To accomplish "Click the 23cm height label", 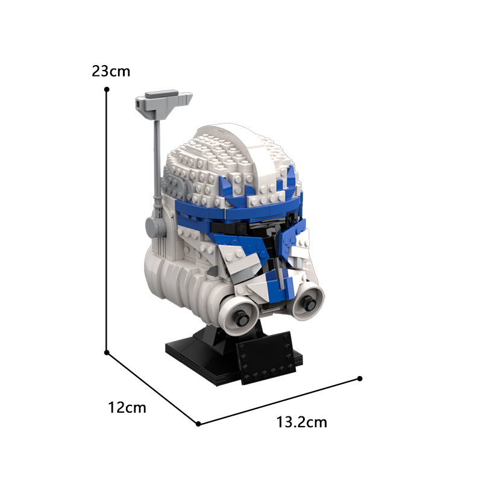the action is [111, 71].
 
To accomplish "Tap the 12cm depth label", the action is [127, 408].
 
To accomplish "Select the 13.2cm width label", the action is [302, 422].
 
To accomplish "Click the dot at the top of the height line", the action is [107, 89].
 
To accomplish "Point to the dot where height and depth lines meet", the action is [107, 352].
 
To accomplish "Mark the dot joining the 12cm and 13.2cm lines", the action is [198, 424].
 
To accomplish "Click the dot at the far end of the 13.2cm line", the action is [360, 378].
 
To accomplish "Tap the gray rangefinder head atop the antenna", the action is [163, 104].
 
